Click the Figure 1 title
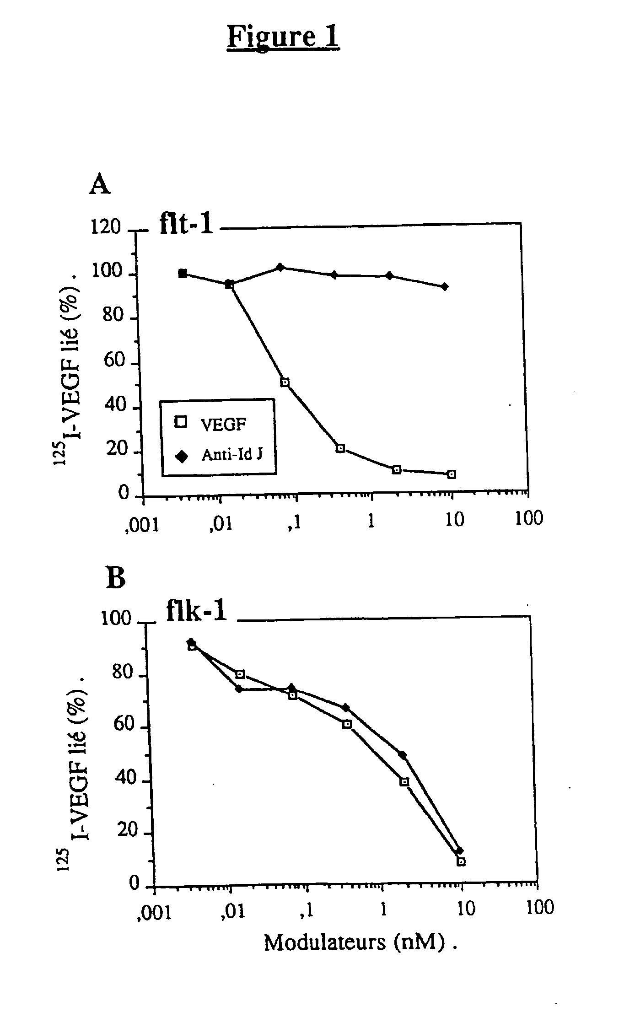tap(283, 37)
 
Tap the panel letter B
tap(115, 578)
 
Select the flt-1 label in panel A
tap(186, 224)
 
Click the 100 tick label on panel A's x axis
tap(529, 518)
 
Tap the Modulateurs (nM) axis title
tap(360, 943)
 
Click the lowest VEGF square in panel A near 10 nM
tap(452, 474)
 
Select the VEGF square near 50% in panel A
tap(285, 382)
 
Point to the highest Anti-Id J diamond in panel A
tap(280, 267)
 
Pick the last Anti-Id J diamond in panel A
tap(444, 287)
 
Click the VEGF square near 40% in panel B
tap(404, 782)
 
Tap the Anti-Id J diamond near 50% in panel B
tap(402, 754)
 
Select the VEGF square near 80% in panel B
tap(240, 674)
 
